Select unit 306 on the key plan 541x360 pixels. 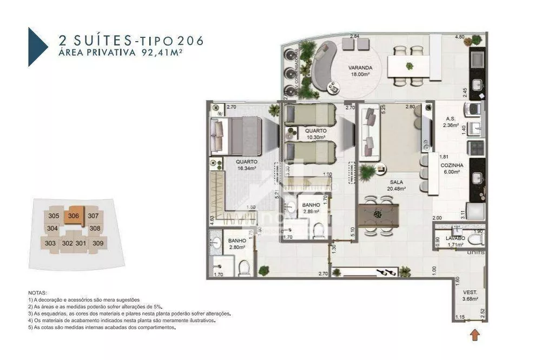coord(74,215)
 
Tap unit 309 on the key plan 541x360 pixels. coord(97,243)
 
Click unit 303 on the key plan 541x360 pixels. coord(50,243)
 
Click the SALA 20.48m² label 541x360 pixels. coord(396,186)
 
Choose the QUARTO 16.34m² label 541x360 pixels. coord(246,165)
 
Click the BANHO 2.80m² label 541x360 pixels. coord(237,244)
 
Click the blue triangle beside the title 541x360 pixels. coord(37,47)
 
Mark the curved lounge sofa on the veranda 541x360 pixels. coord(323,66)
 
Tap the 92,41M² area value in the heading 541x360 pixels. coord(179,53)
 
